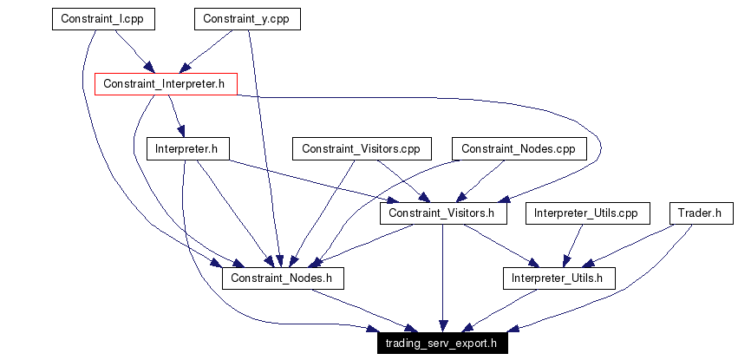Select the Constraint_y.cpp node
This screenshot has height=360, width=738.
247,19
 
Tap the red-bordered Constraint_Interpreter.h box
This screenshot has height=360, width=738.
165,84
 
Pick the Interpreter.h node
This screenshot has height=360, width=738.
186,149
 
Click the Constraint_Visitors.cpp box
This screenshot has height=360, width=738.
361,149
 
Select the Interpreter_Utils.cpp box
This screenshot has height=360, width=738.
586,213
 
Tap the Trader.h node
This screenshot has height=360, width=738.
701,213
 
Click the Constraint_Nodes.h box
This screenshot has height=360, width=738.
283,278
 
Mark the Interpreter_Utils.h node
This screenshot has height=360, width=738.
558,278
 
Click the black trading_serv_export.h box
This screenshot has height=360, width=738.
442,343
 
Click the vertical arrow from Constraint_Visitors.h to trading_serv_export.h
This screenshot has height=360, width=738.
443,278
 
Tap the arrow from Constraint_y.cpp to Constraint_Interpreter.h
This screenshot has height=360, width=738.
209,49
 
